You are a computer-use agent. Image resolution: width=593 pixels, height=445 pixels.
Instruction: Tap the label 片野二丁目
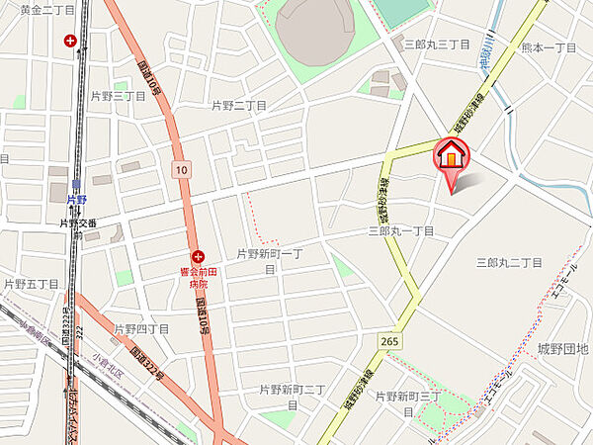(x=239, y=105)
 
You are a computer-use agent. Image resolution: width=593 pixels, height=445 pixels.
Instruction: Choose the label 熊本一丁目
(x=549, y=47)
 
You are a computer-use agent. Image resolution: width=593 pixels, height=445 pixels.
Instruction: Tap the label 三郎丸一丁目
(x=401, y=230)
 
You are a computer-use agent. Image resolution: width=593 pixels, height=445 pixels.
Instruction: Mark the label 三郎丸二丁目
(x=509, y=262)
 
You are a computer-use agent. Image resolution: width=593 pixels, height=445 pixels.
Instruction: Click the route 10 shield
(x=179, y=170)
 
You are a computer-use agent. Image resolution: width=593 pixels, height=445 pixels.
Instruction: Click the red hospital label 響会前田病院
(x=198, y=277)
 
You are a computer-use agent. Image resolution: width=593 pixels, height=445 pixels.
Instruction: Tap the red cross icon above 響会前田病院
(x=198, y=255)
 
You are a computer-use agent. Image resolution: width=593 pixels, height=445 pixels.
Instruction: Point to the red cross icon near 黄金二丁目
(x=70, y=41)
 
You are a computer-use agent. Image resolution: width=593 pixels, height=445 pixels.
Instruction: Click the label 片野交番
(x=77, y=223)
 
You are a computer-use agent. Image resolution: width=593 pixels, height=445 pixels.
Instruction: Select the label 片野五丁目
(x=31, y=284)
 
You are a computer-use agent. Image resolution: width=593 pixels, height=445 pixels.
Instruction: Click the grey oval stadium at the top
(x=313, y=30)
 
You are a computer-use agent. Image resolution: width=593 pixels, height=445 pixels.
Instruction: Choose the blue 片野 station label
(x=77, y=199)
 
